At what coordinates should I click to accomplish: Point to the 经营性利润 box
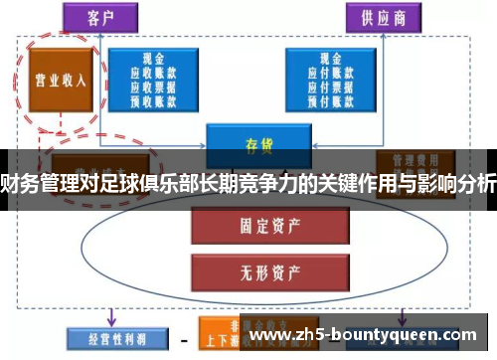[105, 336]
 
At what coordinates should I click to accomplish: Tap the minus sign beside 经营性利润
[182, 337]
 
